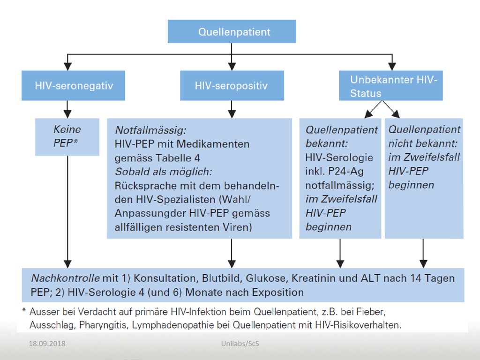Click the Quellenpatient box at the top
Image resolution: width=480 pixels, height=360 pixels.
click(232, 31)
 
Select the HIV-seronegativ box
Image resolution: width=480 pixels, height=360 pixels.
click(73, 85)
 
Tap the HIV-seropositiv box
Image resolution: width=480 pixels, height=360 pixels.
click(232, 85)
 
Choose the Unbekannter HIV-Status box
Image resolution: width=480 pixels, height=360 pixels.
click(390, 85)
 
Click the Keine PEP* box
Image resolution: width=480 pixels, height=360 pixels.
click(67, 137)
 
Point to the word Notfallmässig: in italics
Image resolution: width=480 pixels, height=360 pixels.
click(150, 130)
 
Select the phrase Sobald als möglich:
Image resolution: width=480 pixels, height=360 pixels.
click(163, 172)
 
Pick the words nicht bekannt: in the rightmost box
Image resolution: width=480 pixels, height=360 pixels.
click(423, 143)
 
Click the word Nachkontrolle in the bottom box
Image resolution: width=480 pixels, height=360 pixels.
click(65, 278)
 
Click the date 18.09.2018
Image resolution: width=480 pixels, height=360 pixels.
click(47, 344)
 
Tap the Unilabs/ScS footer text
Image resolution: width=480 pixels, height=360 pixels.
click(240, 344)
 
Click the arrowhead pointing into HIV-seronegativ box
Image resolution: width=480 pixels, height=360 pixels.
click(67, 67)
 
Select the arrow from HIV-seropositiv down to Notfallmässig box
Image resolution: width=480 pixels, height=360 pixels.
click(232, 109)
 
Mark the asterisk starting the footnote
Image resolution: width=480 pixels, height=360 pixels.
click(24, 310)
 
